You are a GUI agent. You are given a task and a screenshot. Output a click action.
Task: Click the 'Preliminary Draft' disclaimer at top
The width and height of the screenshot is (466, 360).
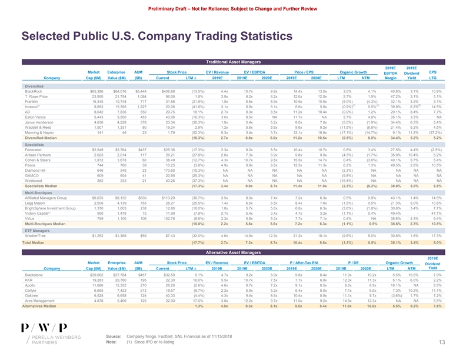[233, 8]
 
